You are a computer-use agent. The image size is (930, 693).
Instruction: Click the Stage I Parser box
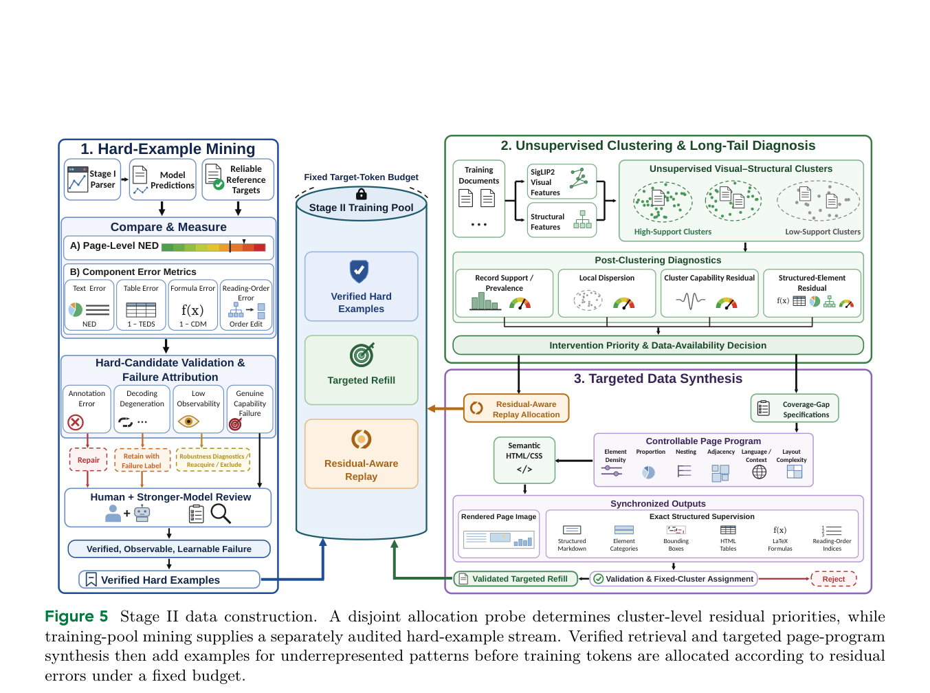point(92,179)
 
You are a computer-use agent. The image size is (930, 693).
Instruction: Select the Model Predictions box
point(163,179)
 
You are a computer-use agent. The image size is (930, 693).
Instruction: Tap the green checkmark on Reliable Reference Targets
point(219,184)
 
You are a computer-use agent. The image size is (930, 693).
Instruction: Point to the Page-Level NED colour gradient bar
point(213,247)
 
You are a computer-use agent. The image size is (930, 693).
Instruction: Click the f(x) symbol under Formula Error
point(192,310)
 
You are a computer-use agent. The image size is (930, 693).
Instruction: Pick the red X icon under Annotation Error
point(76,422)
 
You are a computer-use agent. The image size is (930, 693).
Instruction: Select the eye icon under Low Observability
point(188,421)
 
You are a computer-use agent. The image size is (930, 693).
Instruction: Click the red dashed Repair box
point(88,460)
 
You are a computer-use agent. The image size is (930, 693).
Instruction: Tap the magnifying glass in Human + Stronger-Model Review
point(221,514)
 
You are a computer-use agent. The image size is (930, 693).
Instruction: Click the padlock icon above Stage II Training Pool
point(361,194)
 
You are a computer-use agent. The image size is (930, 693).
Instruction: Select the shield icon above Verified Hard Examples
point(359,271)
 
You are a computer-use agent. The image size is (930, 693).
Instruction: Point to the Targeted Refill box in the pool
point(361,370)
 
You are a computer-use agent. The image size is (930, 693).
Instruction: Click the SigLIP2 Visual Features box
point(562,181)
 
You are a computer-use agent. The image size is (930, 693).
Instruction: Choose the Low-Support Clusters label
point(822,232)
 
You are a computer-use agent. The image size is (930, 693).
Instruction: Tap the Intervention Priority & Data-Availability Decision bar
point(657,345)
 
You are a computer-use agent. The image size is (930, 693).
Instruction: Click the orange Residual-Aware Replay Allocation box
point(516,408)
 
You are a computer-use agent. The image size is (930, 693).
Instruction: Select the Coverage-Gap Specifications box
point(794,408)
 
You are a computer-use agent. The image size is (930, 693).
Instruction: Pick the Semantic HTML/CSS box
point(524,460)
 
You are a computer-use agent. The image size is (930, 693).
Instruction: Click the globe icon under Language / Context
point(759,472)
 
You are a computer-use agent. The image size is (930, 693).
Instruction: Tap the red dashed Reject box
point(833,579)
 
